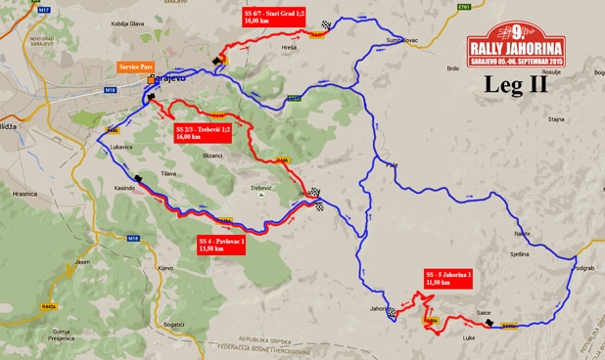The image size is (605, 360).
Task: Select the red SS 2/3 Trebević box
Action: tap(203, 134)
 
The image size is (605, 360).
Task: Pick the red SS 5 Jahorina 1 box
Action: tap(449, 278)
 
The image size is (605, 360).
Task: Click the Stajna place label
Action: tap(557, 119)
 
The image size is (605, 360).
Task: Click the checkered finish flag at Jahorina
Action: tap(392, 312)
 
